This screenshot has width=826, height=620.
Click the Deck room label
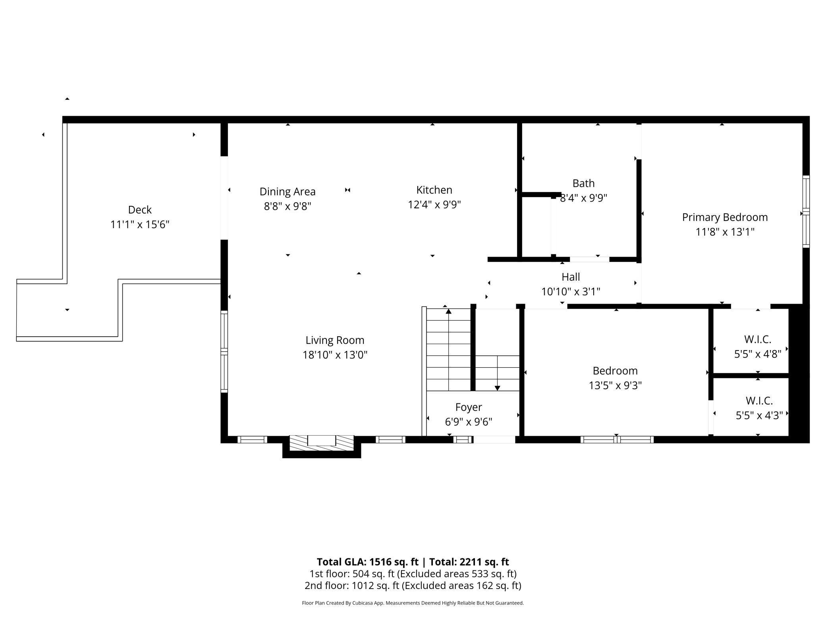point(140,210)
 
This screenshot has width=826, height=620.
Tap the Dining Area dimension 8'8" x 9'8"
point(288,206)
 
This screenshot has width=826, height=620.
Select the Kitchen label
point(434,190)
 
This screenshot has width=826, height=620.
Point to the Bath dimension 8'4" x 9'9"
point(583,198)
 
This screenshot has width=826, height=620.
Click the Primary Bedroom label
point(725,217)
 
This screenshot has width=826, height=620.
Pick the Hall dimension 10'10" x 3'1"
point(571,292)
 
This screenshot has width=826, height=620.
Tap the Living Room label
point(335,340)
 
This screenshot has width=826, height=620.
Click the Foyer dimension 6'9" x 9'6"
point(469,422)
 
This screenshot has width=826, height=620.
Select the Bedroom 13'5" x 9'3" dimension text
point(615,386)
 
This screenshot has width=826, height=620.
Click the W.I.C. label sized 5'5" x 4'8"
point(757,339)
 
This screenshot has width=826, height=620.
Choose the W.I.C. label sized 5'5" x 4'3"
point(759,401)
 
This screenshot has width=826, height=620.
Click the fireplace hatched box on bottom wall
point(321,442)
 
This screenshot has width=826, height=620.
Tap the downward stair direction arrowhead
point(497,388)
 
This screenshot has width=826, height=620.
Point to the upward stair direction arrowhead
point(449,311)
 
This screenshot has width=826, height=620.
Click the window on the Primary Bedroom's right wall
point(806,211)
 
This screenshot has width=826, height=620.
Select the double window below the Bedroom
point(616,440)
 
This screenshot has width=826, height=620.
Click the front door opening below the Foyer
point(494,440)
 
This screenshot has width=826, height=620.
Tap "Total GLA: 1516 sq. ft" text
point(367,562)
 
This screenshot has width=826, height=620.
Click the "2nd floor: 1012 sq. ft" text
point(351,585)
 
